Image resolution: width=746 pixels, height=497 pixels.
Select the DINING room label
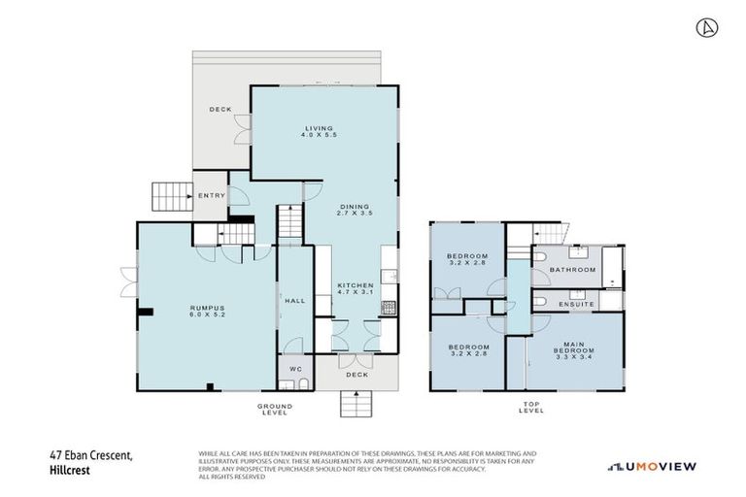(356, 208)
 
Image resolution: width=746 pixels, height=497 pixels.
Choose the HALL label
(295, 301)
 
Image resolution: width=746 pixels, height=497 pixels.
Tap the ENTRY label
(211, 196)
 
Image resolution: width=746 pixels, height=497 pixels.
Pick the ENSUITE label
(575, 305)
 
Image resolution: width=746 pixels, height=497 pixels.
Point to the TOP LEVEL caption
(531, 409)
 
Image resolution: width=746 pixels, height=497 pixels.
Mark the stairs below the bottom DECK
(356, 404)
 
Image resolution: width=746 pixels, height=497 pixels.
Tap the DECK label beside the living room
(220, 110)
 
